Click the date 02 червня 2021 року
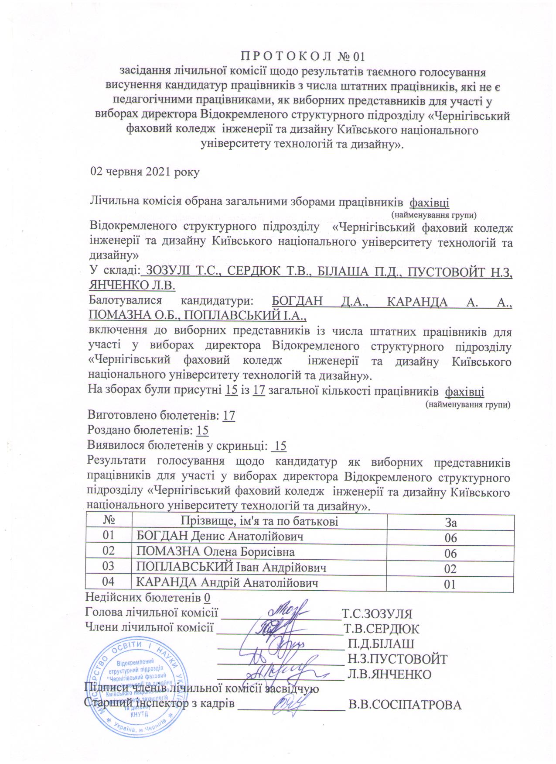point(144,172)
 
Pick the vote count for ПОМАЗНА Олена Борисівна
point(450,554)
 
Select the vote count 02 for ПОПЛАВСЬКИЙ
point(450,569)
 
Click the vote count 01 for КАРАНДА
point(450,584)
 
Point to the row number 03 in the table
point(109,567)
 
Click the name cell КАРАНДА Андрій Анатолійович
point(227,583)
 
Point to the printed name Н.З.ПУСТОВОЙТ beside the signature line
point(397,658)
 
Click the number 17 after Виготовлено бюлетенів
point(229,416)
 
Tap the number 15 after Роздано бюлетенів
point(202,430)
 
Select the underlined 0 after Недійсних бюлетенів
point(207,597)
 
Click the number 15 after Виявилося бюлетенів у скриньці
point(280,446)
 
